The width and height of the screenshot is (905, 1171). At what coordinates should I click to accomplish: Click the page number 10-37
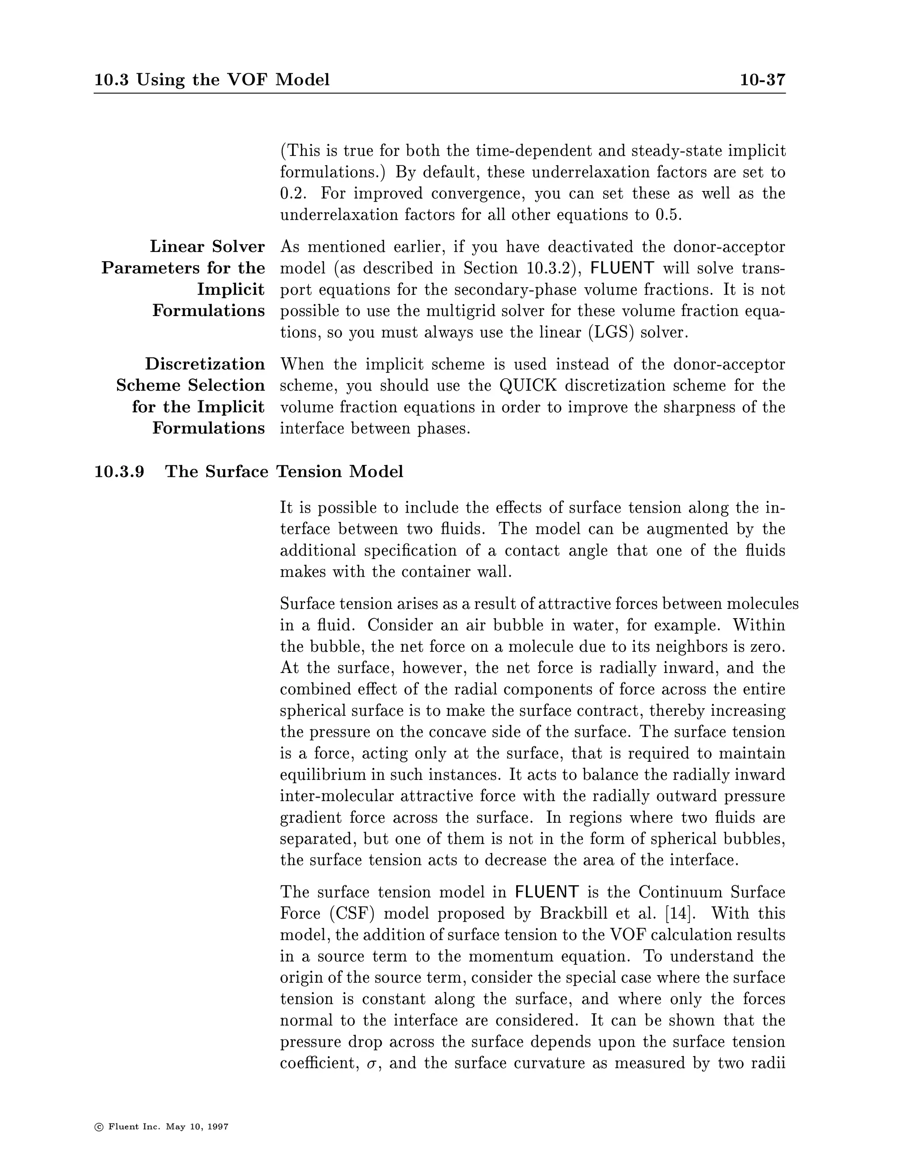pos(762,80)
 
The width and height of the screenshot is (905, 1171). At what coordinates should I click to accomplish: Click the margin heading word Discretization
pos(205,364)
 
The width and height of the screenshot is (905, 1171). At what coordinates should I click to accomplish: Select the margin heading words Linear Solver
pos(208,247)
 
